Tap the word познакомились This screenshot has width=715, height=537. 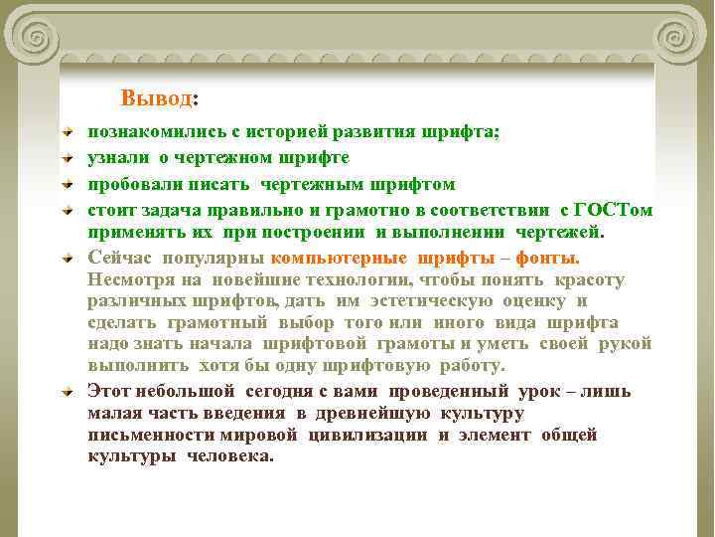click(x=149, y=131)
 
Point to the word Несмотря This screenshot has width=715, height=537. click(x=126, y=279)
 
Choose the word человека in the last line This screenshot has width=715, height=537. click(x=229, y=455)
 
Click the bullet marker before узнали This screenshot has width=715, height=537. click(x=67, y=157)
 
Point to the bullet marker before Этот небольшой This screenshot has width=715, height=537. click(x=67, y=391)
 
